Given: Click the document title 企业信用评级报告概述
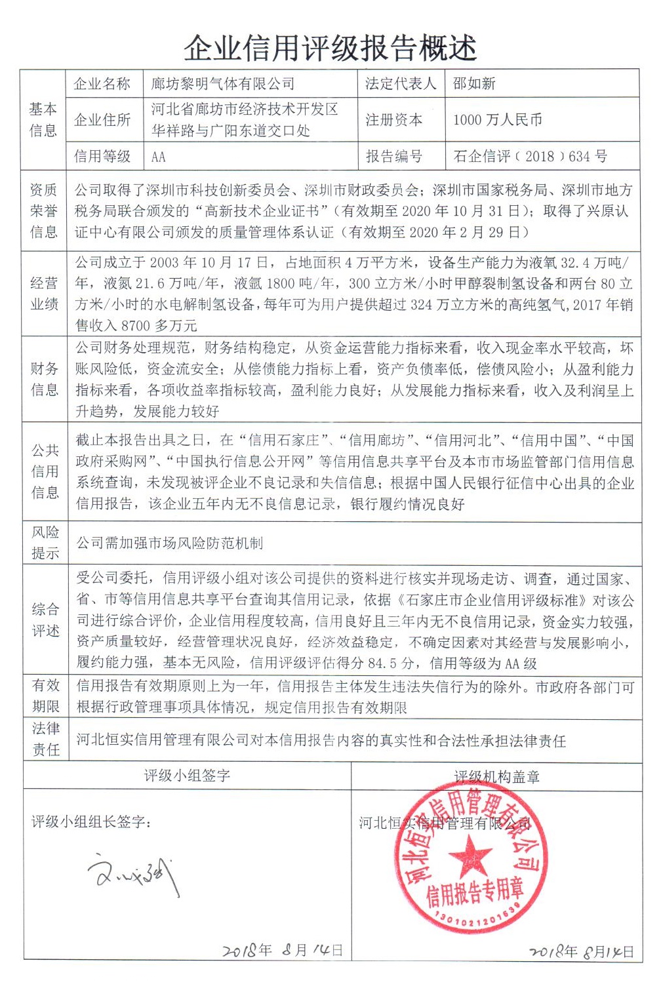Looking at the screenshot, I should point(330,47).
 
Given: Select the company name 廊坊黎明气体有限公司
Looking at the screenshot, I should point(223,84).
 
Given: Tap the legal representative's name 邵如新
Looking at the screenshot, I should point(474,84).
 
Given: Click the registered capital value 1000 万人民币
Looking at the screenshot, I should point(498,120).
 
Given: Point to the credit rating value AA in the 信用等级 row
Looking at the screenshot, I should point(159,157).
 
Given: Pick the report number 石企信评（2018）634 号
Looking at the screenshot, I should point(530,157).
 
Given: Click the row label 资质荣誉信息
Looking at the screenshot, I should point(43,210).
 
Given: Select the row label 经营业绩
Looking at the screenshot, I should point(44,294).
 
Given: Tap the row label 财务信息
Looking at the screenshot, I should point(44,379).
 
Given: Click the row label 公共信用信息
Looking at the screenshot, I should point(45,471).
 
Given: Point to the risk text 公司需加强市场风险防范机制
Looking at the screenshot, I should point(169,543).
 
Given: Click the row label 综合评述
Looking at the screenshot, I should point(45,620).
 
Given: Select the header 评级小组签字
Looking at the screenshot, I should point(187,776).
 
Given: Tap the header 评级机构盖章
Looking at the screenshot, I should point(496,777).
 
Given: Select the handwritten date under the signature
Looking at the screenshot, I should point(282,950).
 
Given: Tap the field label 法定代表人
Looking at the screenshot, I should point(400,84).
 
